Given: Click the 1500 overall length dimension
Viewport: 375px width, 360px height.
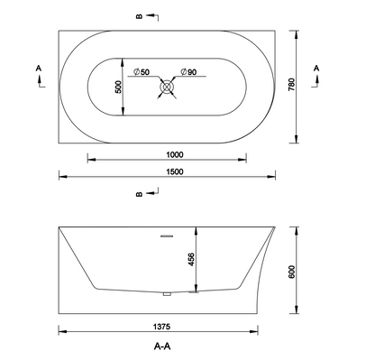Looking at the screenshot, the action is pos(175,171).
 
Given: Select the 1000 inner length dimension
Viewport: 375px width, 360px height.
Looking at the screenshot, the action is pos(175,155).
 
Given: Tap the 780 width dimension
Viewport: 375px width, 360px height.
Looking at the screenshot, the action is pos(292,85).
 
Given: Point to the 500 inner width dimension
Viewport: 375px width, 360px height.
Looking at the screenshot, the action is pos(118,87).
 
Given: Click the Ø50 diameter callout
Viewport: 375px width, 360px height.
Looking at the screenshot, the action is pos(142,72).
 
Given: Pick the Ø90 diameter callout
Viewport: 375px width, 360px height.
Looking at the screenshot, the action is pos(188,72).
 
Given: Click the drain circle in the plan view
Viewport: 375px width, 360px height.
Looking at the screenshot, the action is pos(167,87).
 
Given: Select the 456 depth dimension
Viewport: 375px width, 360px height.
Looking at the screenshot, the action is pos(191,260).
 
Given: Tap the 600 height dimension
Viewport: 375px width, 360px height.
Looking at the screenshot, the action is pos(292,272).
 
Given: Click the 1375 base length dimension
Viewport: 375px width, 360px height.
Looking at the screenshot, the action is pos(161,327).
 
